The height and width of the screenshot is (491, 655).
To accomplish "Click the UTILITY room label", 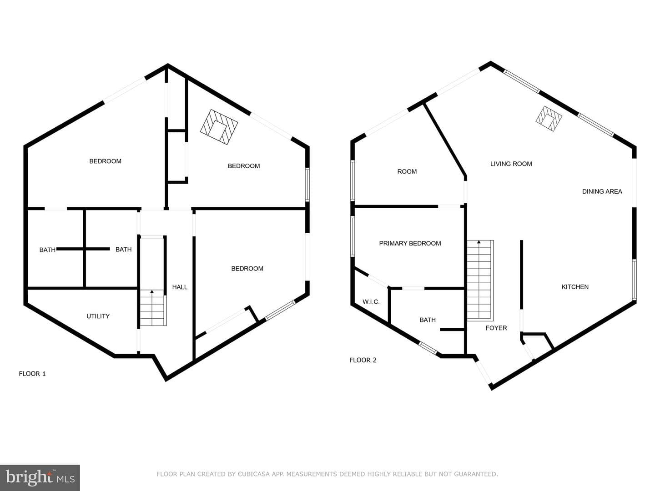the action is coord(98,316).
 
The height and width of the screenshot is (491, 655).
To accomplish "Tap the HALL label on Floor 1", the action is coord(180,287).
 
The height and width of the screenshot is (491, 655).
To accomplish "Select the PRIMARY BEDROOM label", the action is coord(410,243).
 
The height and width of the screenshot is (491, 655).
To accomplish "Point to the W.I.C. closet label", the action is coord(371,302).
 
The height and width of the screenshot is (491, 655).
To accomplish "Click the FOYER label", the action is coord(496,328).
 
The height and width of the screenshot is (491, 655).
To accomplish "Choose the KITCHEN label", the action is coord(575,287).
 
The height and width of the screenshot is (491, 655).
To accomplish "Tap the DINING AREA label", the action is coord(602,191).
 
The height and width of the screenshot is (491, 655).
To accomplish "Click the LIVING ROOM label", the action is coord(511,164).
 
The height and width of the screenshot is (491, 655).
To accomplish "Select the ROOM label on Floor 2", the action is coord(407,171).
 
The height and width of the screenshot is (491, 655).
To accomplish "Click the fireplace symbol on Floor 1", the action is coord(219,127).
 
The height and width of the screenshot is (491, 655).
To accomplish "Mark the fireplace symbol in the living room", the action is coord(549,119).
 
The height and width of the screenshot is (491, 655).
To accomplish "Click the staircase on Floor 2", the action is coord(480,281).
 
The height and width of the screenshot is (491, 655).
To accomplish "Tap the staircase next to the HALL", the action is coord(153,308).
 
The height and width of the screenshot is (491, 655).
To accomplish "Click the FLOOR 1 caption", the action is coord(32,374).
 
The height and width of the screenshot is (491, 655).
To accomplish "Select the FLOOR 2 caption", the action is coord(363,360).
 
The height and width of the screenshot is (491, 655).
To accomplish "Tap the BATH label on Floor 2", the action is coord(427,320).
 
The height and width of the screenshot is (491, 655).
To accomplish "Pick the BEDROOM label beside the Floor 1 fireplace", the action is coord(244,166).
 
